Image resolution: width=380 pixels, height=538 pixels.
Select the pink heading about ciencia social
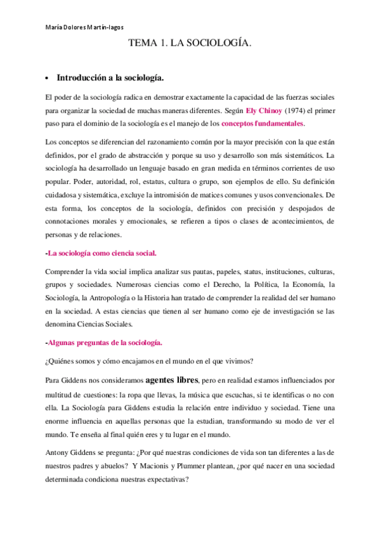[101, 253]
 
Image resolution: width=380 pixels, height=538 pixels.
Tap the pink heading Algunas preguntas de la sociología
[104, 343]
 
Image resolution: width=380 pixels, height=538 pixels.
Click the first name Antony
[60, 452]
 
